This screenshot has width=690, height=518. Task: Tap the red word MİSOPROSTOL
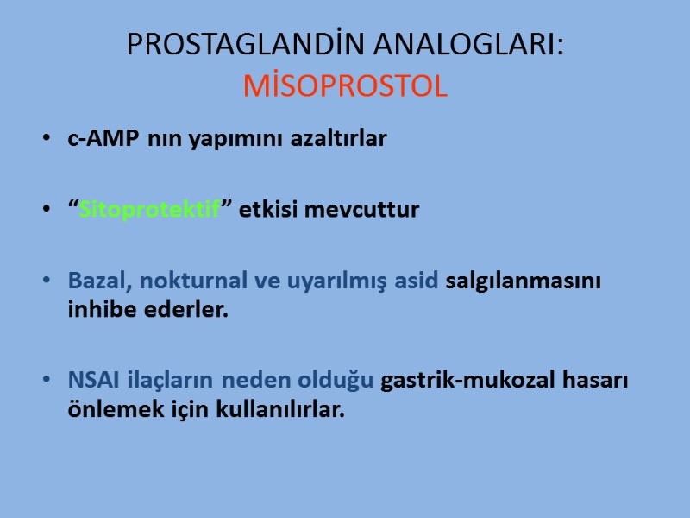point(346,85)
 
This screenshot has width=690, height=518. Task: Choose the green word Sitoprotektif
point(149,210)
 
